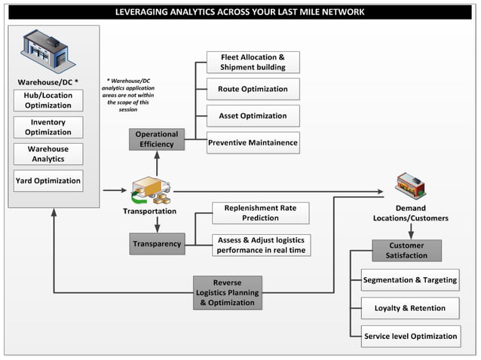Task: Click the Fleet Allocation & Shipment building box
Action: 253,62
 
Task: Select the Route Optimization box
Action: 253,89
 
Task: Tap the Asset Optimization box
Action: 253,116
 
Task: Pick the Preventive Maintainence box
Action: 253,142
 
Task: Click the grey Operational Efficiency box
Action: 156,139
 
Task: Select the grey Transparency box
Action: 157,244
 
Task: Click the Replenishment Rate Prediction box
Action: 261,213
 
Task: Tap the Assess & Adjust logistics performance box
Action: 261,245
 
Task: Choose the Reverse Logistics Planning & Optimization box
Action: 227,292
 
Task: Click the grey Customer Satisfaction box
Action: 406,250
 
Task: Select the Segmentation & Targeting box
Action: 410,280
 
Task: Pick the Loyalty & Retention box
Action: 410,308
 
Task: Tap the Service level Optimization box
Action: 410,336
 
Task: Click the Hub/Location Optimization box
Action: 48,100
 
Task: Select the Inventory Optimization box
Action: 48,127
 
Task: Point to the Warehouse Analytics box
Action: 48,154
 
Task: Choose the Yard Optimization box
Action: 48,181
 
